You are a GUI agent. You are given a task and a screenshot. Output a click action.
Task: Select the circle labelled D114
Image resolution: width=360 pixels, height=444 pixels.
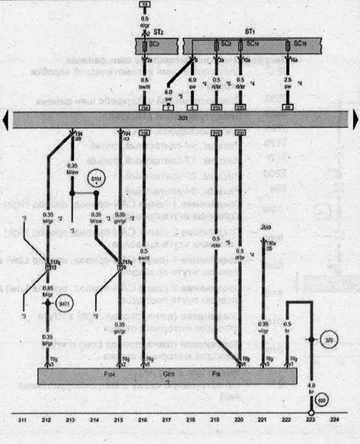point(95,179)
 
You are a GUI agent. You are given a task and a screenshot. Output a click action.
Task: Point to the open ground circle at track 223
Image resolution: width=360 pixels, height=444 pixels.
point(310,413)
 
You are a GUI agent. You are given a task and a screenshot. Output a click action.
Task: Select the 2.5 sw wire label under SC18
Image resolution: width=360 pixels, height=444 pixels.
point(288,81)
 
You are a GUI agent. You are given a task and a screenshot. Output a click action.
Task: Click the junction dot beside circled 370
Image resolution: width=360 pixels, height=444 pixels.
point(310,339)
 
